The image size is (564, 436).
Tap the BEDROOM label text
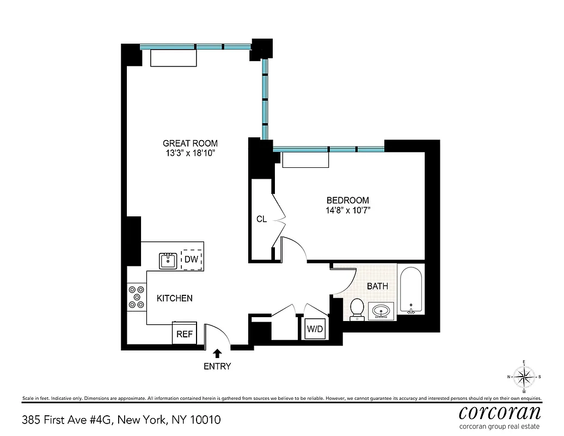click(x=347, y=200)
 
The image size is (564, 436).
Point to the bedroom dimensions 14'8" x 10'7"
click(x=347, y=210)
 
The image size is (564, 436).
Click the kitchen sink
click(x=169, y=261)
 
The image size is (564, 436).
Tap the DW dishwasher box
click(x=191, y=259)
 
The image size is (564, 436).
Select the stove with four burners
click(x=137, y=298)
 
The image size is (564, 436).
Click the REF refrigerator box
click(x=185, y=334)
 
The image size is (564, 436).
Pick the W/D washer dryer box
click(x=315, y=329)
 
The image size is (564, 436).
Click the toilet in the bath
click(x=357, y=308)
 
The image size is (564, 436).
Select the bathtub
click(x=412, y=289)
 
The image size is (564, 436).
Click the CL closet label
click(x=261, y=219)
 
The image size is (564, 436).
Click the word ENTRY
click(x=217, y=366)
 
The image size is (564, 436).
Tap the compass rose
click(x=524, y=377)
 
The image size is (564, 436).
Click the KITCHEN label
click(x=175, y=298)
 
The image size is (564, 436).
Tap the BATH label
click(x=377, y=286)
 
